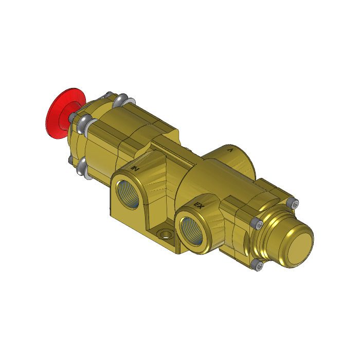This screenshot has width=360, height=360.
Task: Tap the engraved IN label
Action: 135,167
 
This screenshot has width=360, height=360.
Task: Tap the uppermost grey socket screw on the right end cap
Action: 294,204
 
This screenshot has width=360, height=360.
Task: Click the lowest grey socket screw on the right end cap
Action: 258,265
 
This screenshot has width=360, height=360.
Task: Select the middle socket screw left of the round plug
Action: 257,224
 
